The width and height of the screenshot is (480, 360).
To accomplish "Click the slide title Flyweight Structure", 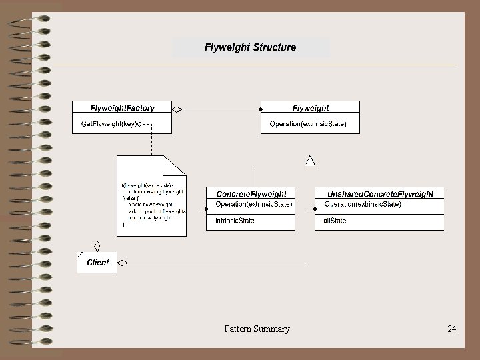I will point(250,47).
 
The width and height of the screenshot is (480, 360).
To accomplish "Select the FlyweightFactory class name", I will point(122,108).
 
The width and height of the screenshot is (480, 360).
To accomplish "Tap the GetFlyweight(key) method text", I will point(109,124).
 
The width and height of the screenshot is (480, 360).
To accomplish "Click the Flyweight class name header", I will point(310,108).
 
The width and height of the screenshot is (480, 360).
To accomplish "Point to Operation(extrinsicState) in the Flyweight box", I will point(308,124).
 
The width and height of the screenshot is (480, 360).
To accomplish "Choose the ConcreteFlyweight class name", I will point(251,194).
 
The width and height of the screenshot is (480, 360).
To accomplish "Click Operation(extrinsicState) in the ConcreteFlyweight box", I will point(253,204).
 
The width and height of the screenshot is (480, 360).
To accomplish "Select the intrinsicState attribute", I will point(235,221).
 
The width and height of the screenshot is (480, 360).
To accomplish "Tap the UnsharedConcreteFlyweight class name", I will point(380,194).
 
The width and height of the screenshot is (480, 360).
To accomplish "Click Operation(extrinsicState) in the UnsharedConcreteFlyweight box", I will point(363,204).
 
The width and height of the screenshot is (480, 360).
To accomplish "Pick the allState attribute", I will point(335,221).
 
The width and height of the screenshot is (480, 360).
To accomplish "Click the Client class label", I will point(97,263).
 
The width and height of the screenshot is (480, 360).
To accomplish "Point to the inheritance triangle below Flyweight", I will point(310,160).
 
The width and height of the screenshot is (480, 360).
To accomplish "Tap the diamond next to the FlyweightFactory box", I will point(177,108).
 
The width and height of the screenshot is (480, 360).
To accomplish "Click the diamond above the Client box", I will point(97,245).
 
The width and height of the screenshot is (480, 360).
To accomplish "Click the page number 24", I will point(452,329).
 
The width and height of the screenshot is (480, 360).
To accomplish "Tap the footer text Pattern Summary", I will point(257,329).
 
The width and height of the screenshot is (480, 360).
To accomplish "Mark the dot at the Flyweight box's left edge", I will point(260,108).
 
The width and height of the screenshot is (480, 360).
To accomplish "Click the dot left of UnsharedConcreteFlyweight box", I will point(315,209).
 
